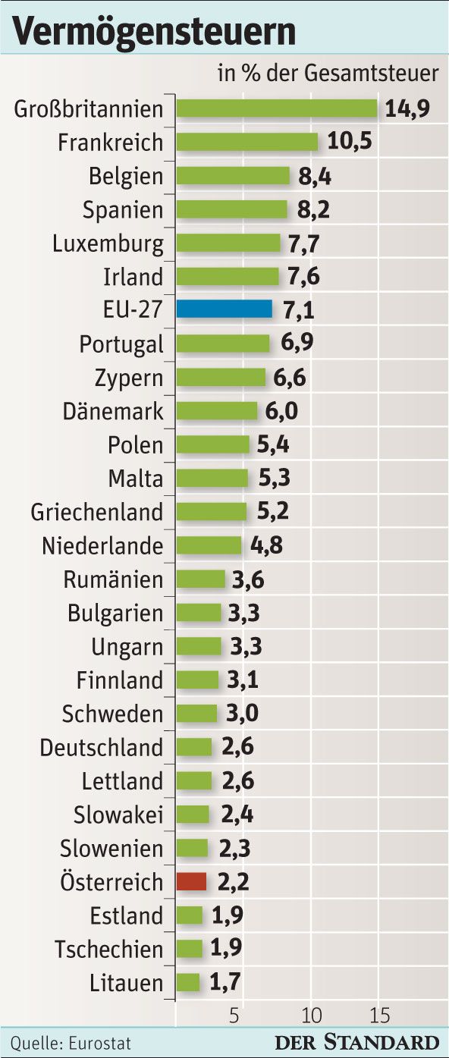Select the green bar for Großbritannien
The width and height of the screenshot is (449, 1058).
point(276,108)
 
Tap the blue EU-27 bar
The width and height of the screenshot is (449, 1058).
point(224,309)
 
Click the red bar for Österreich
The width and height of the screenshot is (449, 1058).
point(191,881)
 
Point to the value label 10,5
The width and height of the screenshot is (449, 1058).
point(350,142)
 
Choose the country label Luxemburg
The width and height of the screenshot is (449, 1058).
point(108,243)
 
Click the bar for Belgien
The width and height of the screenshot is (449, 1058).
point(233,176)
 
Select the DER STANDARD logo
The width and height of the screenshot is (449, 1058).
point(356,1041)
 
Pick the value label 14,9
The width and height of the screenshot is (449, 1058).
point(407,108)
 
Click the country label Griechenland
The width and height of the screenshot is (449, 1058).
point(96,512)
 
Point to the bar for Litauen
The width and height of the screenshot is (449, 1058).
point(188,983)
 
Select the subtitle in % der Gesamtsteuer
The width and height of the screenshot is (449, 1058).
point(328,74)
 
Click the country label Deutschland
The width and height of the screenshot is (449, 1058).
point(101,748)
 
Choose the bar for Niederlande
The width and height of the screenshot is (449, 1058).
point(209,545)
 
